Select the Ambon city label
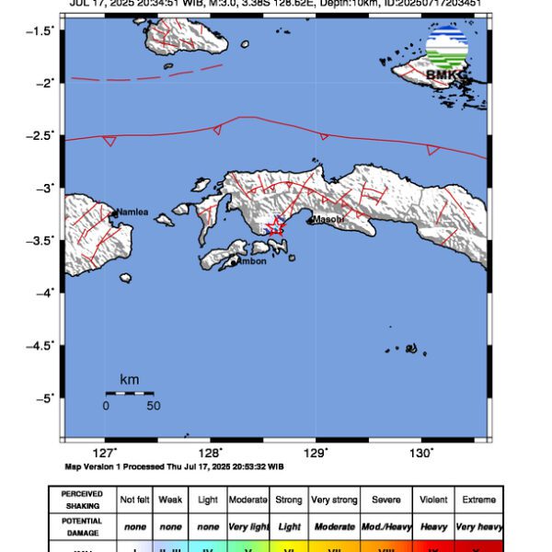pos(252,261)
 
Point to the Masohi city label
pos(328,220)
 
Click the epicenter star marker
pos(275,226)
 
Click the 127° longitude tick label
pos(105,453)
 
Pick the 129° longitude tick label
pos(316,453)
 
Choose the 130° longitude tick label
pos(421,453)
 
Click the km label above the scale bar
pos(130,379)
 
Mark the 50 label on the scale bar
pos(153,406)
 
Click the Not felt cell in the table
pos(135,500)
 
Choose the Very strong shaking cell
pos(334,500)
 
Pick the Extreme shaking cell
pos(477,500)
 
